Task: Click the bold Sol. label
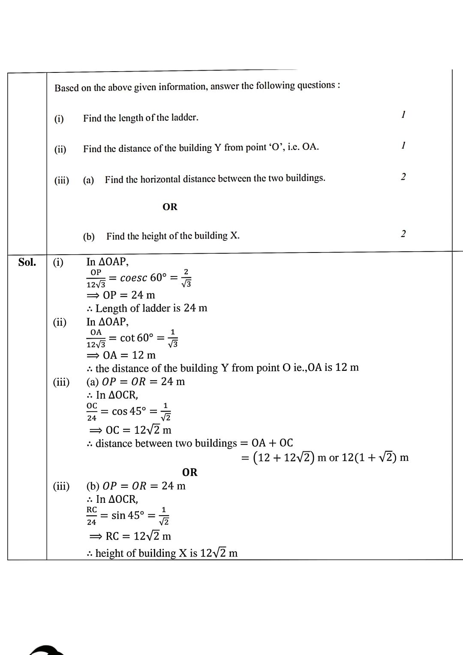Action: tap(27, 262)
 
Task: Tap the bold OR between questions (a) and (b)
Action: tap(170, 207)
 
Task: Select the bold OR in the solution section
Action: tap(190, 472)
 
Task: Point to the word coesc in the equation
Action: tap(133, 278)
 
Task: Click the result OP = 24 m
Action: tap(129, 295)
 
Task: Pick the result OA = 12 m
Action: tap(129, 355)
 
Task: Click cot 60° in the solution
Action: tap(137, 338)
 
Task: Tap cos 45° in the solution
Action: tap(129, 411)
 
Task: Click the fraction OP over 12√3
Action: tap(96, 278)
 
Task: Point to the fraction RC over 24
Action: tap(92, 516)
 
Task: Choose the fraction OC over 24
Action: tap(92, 412)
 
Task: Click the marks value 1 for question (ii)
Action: tap(403, 146)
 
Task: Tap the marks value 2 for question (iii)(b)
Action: tap(403, 234)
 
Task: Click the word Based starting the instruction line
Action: tap(66, 88)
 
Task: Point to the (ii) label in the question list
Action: tap(60, 149)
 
